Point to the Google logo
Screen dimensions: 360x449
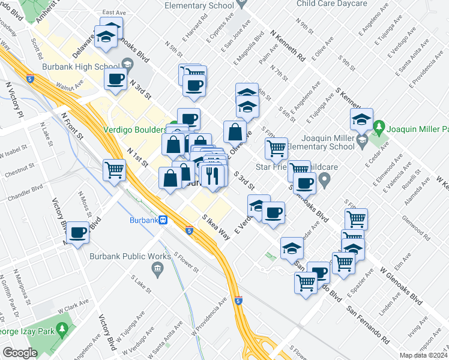(20, 353)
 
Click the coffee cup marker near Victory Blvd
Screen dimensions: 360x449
(78, 232)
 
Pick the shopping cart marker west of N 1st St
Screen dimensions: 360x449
(113, 170)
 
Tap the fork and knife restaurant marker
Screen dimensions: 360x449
(212, 175)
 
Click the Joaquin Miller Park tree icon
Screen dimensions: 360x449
(378, 127)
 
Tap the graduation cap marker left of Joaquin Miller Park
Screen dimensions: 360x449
(361, 119)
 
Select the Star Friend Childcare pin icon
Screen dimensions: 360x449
(325, 179)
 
